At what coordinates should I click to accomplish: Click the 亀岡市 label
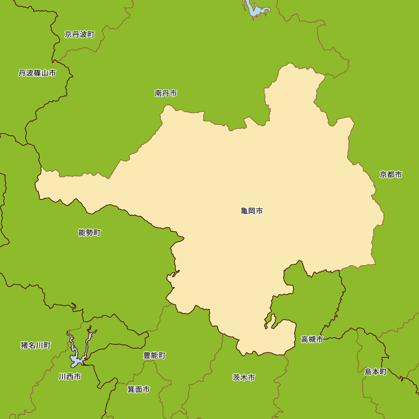click(x=252, y=211)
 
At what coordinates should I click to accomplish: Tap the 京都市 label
click(x=391, y=175)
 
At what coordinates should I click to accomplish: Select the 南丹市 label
click(x=166, y=93)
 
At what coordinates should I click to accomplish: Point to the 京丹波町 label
click(x=80, y=34)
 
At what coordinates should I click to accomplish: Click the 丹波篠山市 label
click(x=37, y=73)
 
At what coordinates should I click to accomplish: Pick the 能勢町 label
click(x=90, y=233)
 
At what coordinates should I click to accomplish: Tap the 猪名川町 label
click(x=36, y=345)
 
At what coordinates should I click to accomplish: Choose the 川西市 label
click(x=70, y=377)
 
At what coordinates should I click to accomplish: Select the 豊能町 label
click(x=154, y=355)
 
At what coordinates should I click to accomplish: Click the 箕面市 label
click(x=139, y=389)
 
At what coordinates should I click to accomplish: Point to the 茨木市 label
click(x=244, y=378)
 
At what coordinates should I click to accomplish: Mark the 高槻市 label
click(x=312, y=339)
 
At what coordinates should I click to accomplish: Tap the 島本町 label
click(x=375, y=372)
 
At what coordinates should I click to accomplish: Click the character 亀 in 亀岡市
click(x=245, y=211)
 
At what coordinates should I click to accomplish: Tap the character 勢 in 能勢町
click(x=90, y=233)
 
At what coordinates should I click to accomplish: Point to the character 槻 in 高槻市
click(x=312, y=339)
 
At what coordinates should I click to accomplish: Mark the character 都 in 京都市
click(x=391, y=175)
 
